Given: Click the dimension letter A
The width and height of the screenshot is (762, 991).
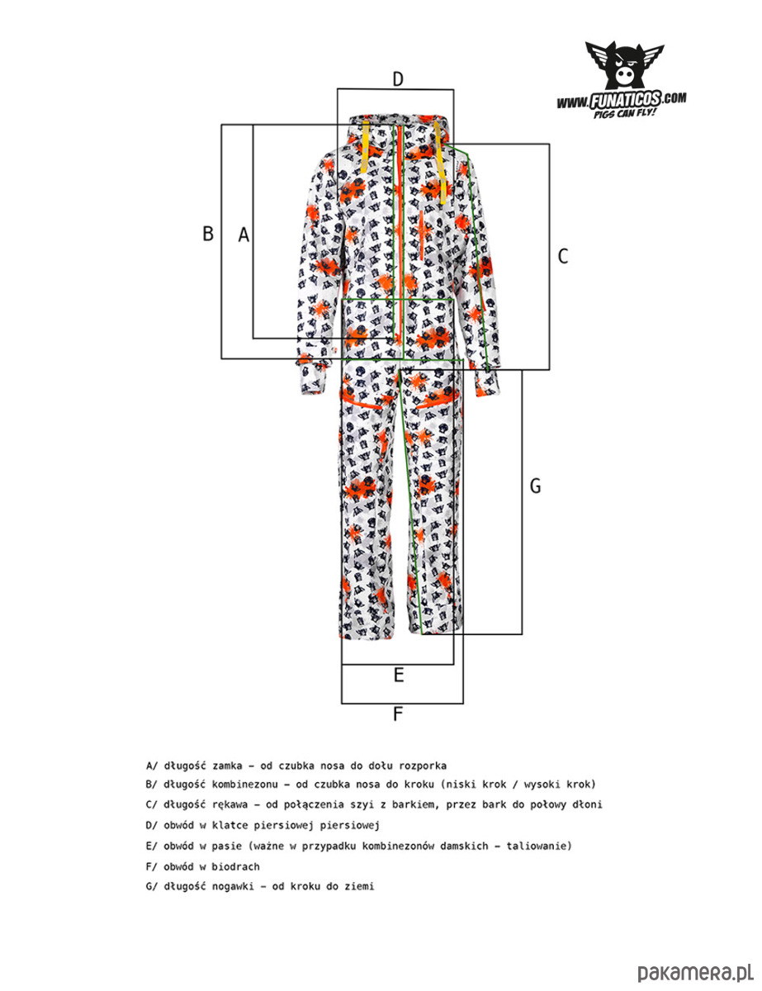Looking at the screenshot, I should point(244,235).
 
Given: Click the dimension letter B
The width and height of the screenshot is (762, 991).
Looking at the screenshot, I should point(208,234).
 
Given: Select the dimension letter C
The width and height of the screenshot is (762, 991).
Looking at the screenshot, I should point(563,256).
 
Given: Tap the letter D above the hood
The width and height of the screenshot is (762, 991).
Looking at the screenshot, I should point(397,79).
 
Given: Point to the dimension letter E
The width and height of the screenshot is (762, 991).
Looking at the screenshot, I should point(398,676).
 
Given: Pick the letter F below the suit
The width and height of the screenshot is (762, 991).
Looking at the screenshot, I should point(398,714).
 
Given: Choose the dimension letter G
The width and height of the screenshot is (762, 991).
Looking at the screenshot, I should point(535,486).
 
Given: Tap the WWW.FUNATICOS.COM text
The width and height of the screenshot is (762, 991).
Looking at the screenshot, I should point(622,100).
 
